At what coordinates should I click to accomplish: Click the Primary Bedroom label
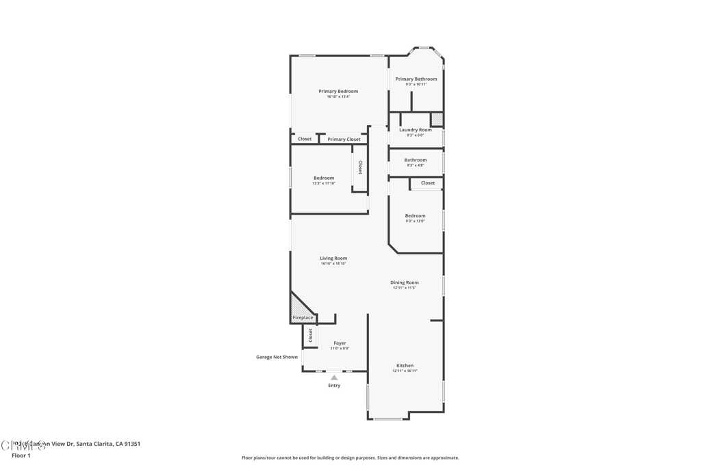338,91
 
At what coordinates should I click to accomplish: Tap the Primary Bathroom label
416,79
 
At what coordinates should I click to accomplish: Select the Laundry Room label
416,130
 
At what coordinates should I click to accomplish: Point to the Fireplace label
303,318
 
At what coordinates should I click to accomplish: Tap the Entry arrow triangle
334,377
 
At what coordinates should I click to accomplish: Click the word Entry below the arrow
334,386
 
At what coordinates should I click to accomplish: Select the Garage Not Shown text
277,357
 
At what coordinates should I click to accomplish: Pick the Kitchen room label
405,366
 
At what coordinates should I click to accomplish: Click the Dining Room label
405,282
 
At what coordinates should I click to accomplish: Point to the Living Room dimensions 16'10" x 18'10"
333,263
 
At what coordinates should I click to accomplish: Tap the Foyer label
340,343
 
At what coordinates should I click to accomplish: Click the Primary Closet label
344,139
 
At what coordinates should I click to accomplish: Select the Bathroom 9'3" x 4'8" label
416,160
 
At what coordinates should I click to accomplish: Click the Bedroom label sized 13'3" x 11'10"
324,178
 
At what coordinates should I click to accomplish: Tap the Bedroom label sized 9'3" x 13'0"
415,216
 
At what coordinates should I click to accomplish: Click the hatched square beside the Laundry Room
437,120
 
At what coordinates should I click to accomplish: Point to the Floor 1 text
21,455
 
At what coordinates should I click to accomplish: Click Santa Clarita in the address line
95,444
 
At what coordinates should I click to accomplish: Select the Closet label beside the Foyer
310,335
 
